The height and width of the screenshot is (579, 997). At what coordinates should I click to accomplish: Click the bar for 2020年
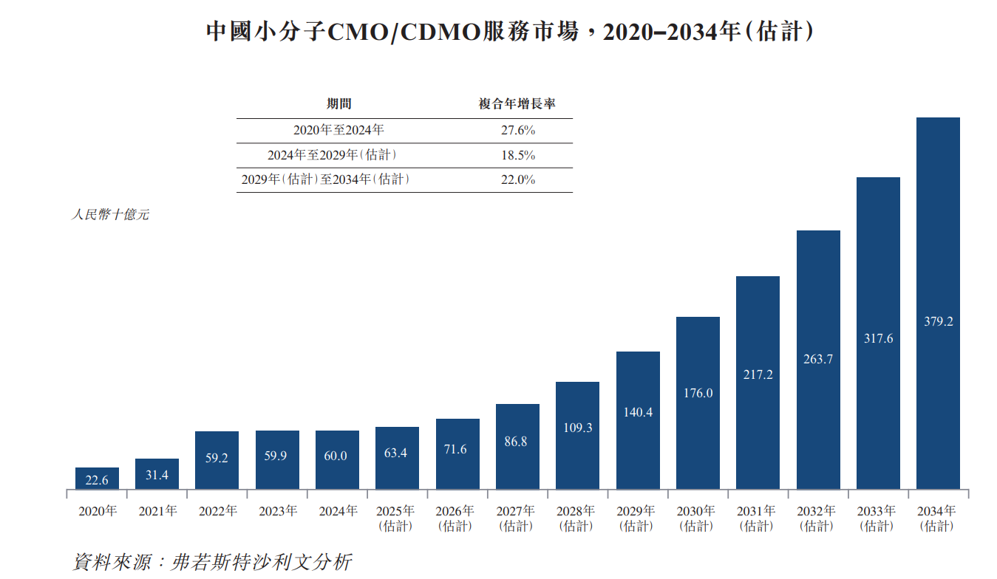point(97,479)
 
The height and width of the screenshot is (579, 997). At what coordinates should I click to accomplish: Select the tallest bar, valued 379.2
point(938,303)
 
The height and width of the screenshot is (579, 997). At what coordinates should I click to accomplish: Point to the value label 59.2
point(217,458)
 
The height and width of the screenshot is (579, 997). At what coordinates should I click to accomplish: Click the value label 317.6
point(878,338)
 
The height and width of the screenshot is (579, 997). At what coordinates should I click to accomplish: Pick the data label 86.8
point(517,442)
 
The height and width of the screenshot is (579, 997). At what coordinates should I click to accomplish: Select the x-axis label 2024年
point(337,511)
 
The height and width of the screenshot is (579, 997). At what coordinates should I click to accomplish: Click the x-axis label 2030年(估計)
point(698,518)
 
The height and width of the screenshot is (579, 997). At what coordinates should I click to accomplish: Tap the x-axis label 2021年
point(157,511)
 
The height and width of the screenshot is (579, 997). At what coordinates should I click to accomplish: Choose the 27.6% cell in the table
point(517,130)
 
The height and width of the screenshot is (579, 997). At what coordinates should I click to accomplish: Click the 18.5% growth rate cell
point(517,155)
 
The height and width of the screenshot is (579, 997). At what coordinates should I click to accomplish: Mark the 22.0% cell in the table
point(517,179)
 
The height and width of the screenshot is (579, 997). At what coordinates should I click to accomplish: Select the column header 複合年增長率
point(517,105)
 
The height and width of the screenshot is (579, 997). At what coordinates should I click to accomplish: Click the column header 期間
point(339,105)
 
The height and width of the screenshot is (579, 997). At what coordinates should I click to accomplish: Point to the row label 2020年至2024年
point(338,130)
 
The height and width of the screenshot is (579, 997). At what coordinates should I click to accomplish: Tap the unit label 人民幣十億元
point(109,215)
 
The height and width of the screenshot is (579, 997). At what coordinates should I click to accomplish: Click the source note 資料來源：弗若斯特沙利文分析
point(212,561)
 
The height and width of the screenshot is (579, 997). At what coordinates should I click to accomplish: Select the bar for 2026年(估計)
point(457,453)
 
